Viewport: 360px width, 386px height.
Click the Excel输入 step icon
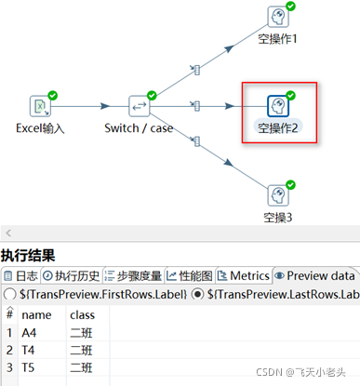click(40, 105)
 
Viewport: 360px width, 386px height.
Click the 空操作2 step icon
click(279, 105)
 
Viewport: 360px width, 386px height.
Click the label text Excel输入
click(41, 127)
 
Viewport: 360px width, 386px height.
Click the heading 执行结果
click(27, 255)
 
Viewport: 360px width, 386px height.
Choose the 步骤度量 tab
click(133, 275)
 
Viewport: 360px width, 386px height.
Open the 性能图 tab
click(193, 275)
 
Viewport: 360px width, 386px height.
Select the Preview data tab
click(315, 275)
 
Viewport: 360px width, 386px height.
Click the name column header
click(33, 314)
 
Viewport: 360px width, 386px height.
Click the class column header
click(82, 314)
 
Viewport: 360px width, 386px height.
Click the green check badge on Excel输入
click(53, 95)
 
